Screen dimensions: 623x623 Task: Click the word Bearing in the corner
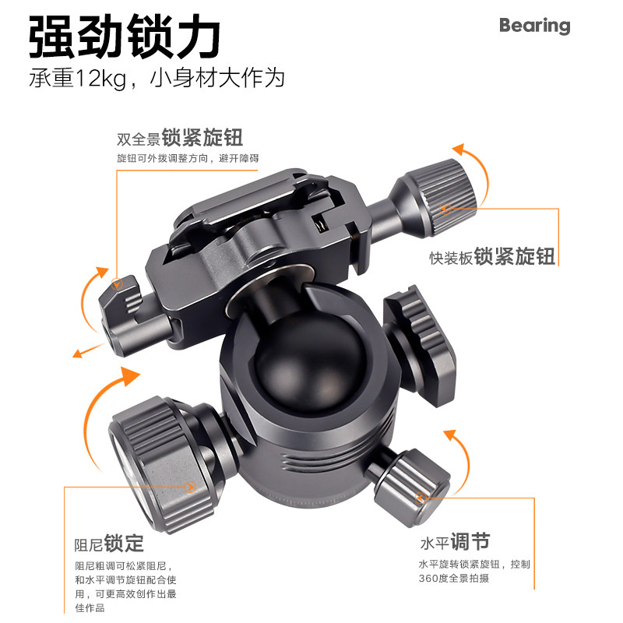(534, 26)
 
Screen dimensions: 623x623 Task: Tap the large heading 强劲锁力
(125, 37)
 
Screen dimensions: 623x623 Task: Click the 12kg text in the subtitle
(100, 77)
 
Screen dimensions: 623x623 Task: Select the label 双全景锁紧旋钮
(180, 138)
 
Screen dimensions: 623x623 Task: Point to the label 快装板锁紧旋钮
(492, 256)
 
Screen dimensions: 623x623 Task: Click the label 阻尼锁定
(109, 544)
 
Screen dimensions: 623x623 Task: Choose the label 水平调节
(455, 542)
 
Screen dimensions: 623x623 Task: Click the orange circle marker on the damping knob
(190, 487)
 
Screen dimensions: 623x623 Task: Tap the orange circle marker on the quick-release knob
(445, 208)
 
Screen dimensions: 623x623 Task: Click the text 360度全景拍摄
(454, 578)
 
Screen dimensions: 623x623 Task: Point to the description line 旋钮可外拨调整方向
(162, 159)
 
